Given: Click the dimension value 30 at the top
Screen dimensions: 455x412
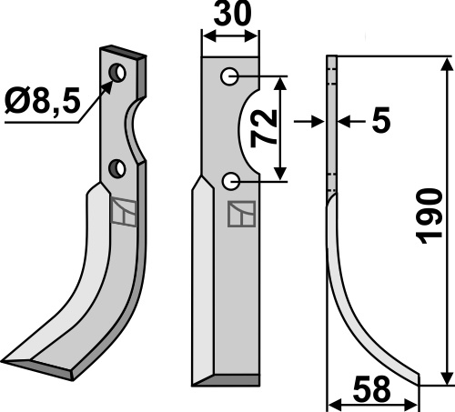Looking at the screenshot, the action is click(232, 14).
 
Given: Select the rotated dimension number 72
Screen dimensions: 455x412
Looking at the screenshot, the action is click(264, 128).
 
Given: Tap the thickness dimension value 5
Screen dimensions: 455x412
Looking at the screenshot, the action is click(380, 120).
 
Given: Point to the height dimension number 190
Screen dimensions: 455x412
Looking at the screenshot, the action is click(430, 216).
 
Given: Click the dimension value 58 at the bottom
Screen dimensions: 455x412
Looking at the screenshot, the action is click(371, 389).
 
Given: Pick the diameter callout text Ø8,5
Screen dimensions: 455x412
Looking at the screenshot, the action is click(43, 100).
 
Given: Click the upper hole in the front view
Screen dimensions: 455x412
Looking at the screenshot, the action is click(229, 76).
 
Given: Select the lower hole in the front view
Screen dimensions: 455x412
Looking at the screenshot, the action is click(231, 181).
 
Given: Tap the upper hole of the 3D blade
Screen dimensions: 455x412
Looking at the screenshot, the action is click(117, 73).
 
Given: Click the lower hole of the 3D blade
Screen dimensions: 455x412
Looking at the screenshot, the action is click(117, 168).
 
